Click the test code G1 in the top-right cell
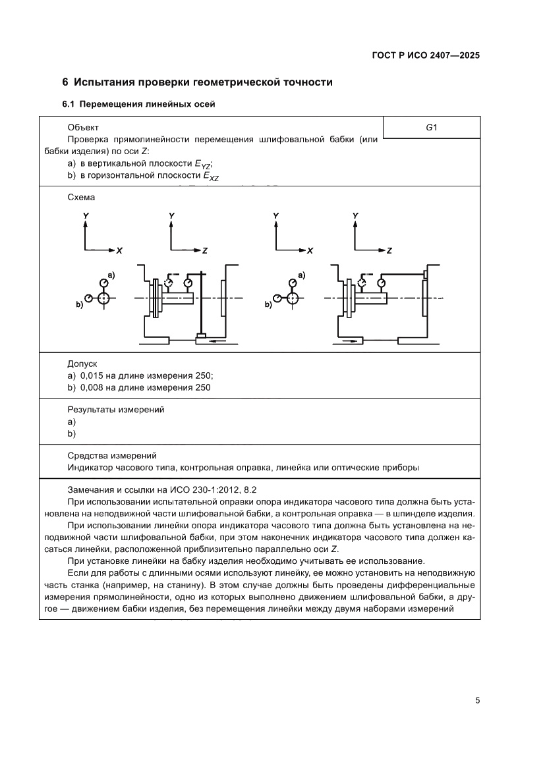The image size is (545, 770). [432, 128]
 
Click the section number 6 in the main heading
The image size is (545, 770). [65, 82]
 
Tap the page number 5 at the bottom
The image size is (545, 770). [476, 700]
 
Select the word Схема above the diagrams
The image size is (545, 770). [81, 197]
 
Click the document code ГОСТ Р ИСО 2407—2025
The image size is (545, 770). [424, 56]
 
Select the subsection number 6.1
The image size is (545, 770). [69, 104]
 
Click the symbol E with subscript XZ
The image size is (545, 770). [211, 177]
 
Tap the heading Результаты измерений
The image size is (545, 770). [115, 410]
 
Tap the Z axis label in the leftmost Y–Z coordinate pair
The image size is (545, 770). [205, 251]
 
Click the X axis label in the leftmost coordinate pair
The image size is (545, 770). [119, 251]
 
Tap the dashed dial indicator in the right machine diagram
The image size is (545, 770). [361, 283]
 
